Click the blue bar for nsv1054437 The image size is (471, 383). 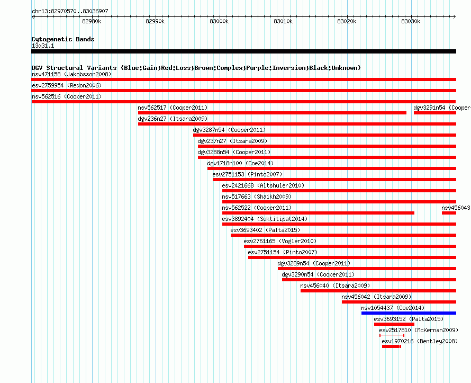pyautogui.click(x=409, y=313)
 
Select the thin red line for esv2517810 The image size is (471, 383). pyautogui.click(x=392, y=335)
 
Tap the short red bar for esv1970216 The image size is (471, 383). pyautogui.click(x=391, y=346)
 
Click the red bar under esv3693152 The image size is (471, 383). pyautogui.click(x=394, y=324)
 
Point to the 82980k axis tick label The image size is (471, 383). pyautogui.click(x=92, y=21)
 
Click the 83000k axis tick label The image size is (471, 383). pyautogui.click(x=219, y=21)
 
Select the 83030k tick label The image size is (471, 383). pyautogui.click(x=411, y=21)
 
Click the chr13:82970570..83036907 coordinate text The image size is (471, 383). pyautogui.click(x=70, y=11)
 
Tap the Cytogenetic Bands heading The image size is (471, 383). pyautogui.click(x=63, y=39)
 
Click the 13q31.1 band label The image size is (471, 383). pyautogui.click(x=43, y=46)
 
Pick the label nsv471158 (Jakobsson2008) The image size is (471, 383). pyautogui.click(x=71, y=74)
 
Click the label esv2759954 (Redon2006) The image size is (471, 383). pyautogui.click(x=67, y=85)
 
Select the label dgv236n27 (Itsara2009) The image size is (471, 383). pyautogui.click(x=173, y=119)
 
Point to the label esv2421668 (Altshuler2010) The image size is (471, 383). pyautogui.click(x=263, y=185)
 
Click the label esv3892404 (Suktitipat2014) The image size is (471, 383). pyautogui.click(x=265, y=219)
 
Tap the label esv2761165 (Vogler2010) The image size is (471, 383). pyautogui.click(x=280, y=241)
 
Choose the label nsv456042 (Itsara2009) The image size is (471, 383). pyautogui.click(x=376, y=297)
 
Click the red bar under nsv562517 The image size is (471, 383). pyautogui.click(x=272, y=113)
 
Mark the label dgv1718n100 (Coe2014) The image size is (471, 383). pyautogui.click(x=240, y=163)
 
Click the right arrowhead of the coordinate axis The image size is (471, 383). pyautogui.click(x=455, y=17)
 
